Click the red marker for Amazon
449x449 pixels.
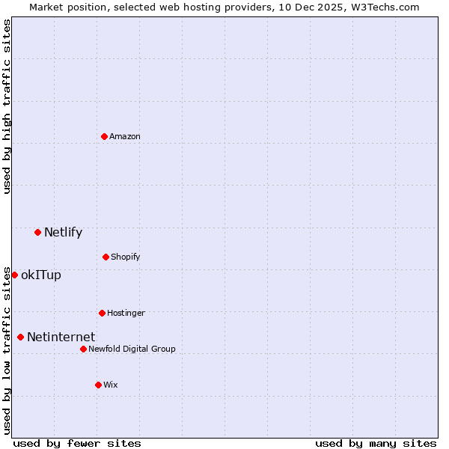tap(104, 136)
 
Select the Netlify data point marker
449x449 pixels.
tap(37, 232)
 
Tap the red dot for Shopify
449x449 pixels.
tap(106, 257)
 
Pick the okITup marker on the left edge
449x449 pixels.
tap(14, 275)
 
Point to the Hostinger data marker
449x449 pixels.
tap(102, 313)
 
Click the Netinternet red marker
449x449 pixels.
tap(20, 337)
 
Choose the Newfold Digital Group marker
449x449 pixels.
tap(83, 349)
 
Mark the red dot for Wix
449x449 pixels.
tap(98, 385)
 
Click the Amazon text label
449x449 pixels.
tap(125, 136)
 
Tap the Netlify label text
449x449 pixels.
tap(63, 232)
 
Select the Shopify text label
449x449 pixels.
tap(126, 257)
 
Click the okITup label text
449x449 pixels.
tap(41, 275)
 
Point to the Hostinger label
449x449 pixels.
tap(126, 313)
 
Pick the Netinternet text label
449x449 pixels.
tap(61, 337)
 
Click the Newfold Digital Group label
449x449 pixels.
tap(132, 349)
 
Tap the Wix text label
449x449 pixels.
tap(111, 385)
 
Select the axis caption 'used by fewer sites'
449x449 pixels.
tap(77, 443)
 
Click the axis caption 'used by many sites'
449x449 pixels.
tap(376, 443)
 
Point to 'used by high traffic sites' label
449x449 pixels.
tap(7, 106)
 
